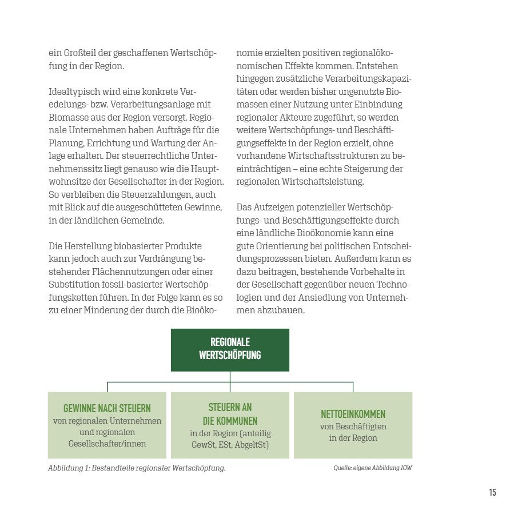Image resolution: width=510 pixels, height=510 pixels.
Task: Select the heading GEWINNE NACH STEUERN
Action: (107, 408)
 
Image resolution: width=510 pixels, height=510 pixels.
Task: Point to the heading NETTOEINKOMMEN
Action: (353, 413)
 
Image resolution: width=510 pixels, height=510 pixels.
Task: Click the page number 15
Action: (492, 492)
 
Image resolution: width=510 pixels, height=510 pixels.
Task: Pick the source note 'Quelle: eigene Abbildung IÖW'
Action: (373, 468)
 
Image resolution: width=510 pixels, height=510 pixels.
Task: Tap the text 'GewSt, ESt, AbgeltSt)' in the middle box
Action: (230, 444)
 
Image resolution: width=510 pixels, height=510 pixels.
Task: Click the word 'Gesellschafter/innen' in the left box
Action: (107, 443)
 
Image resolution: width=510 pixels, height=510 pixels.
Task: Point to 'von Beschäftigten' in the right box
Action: (353, 427)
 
